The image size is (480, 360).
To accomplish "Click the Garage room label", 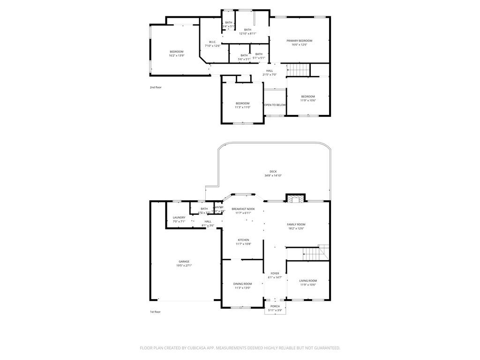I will (x=184, y=262).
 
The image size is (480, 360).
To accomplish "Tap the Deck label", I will (x=273, y=172).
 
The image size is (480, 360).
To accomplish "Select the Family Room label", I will (x=296, y=225).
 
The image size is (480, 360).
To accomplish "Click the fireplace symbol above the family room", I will (x=295, y=199).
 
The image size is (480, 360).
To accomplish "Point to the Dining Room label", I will (x=242, y=284).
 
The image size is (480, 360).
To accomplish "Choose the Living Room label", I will (x=308, y=281).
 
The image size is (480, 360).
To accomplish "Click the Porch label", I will (x=274, y=307).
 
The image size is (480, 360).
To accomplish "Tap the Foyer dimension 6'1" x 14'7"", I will (x=275, y=277).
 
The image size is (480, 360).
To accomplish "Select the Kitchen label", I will (x=243, y=240).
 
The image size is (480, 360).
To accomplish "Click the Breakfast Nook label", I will (x=243, y=209).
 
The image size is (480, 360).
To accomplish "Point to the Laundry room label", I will (x=179, y=217).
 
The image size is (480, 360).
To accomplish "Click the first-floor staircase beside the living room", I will (x=311, y=254).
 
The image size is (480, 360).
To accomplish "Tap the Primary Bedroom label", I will (x=299, y=41).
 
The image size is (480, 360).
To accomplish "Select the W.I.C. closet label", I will (x=212, y=42).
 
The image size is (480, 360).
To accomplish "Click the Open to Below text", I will (x=275, y=105).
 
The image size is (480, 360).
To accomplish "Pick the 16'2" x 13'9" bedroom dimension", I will (x=176, y=56).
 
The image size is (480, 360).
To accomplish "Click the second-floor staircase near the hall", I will (x=298, y=69).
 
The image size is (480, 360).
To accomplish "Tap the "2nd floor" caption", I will (x=155, y=87).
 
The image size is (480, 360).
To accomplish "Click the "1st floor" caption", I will (x=155, y=312).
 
